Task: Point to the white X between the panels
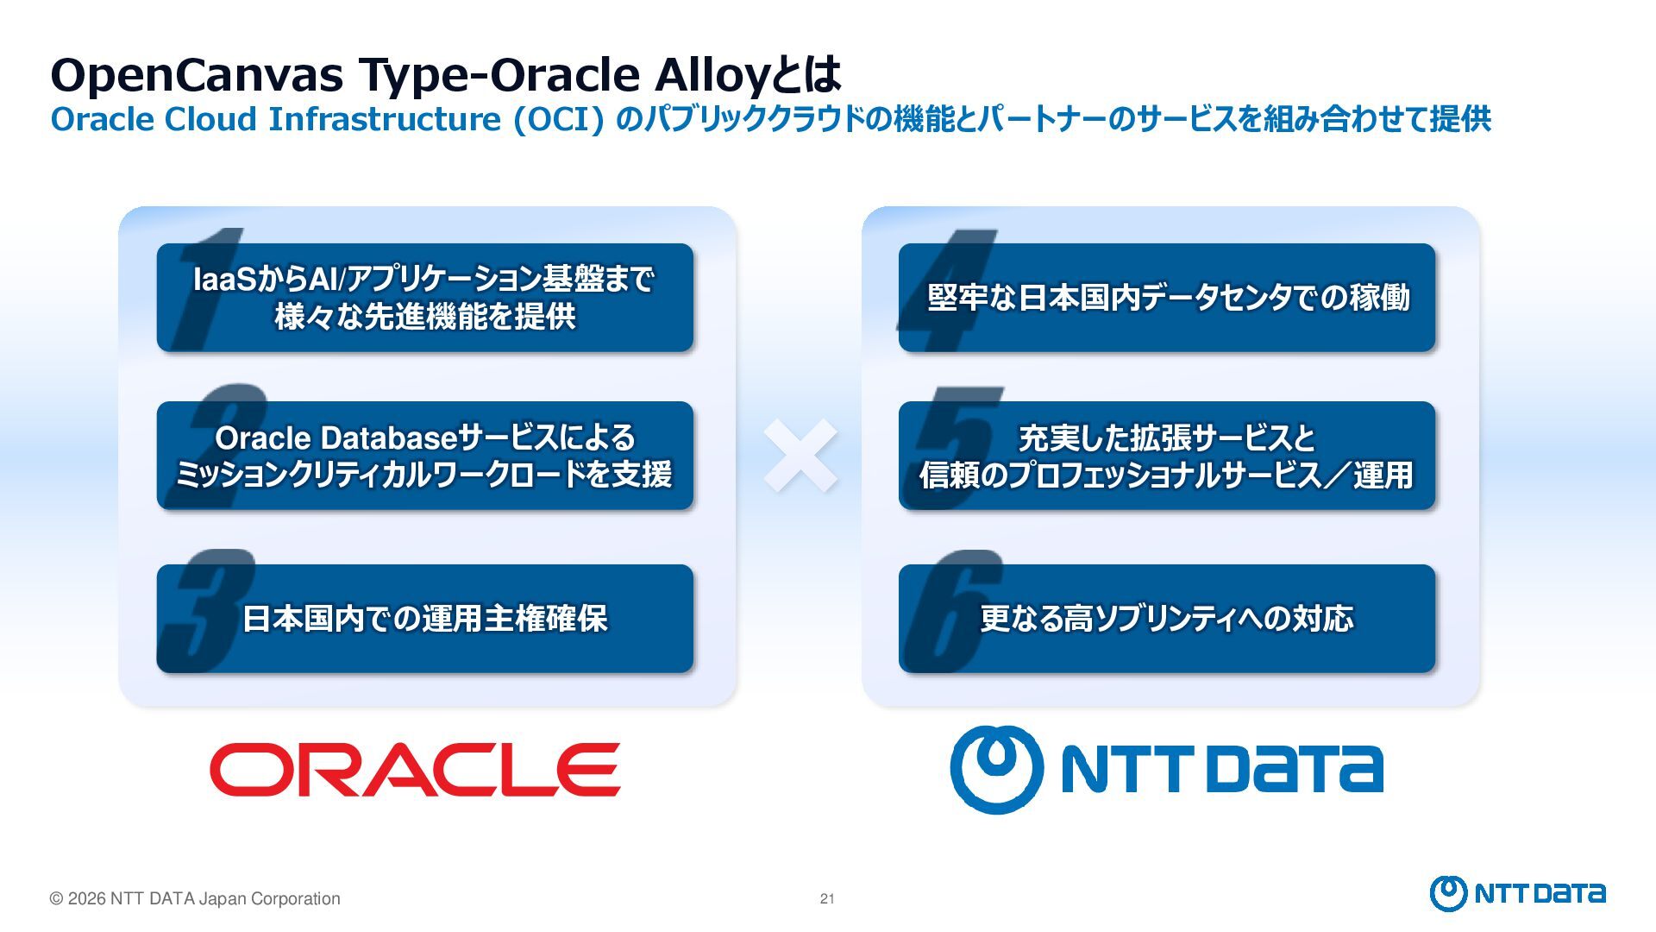(x=800, y=456)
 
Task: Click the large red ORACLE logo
(x=415, y=769)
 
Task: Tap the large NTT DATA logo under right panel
(x=1166, y=769)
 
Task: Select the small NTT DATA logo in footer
(x=1517, y=893)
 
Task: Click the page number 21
(x=827, y=898)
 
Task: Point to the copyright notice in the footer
(x=195, y=898)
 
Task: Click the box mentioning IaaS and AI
(x=424, y=297)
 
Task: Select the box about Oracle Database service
(x=424, y=455)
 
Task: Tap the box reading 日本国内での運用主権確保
(x=424, y=618)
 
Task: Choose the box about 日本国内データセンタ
(x=1166, y=297)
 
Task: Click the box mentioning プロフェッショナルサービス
(x=1166, y=455)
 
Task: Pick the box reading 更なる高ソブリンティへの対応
(x=1166, y=618)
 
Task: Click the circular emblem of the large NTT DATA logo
(x=996, y=769)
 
